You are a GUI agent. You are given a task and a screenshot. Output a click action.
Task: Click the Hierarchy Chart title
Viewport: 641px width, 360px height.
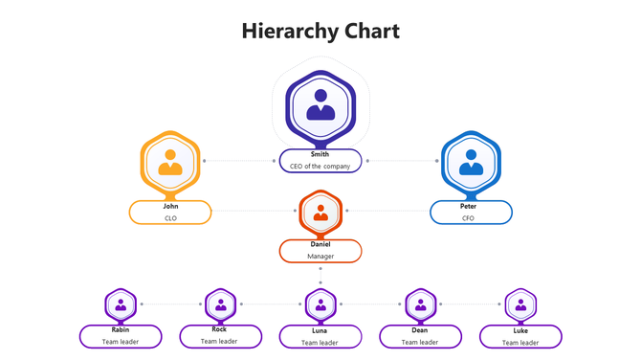pos(320,32)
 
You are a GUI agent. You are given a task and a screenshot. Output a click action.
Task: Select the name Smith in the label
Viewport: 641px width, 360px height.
pos(320,154)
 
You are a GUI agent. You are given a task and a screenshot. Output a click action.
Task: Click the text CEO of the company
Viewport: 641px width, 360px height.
pos(320,166)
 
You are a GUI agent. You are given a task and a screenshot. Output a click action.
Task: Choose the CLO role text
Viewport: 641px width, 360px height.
pos(170,217)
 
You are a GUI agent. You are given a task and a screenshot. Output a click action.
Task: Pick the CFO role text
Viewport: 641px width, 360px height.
pos(468,217)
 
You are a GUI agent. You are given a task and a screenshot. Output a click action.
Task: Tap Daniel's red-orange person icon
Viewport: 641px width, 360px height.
pos(320,213)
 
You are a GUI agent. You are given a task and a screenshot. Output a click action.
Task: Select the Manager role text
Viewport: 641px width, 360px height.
pos(320,257)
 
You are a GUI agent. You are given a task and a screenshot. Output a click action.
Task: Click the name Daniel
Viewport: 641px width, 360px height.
pos(320,244)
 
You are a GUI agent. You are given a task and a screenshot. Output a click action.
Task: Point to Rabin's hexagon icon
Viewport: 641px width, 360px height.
pos(120,305)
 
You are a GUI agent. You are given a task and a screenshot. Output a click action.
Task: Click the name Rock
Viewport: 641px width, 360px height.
pos(219,329)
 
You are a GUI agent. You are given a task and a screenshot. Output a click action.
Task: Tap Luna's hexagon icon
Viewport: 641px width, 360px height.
pos(320,305)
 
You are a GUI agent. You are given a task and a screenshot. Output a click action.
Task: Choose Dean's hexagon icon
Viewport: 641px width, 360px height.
pos(420,305)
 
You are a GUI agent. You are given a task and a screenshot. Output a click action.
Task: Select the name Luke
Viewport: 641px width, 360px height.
pos(520,330)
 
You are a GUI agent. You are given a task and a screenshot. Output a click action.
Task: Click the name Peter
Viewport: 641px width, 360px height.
pos(468,206)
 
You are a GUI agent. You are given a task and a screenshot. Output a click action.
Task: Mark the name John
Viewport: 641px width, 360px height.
pos(170,206)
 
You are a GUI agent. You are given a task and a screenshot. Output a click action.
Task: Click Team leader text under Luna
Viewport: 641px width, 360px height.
pos(320,342)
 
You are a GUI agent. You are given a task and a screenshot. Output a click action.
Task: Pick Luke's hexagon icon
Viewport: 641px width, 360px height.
pos(520,305)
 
